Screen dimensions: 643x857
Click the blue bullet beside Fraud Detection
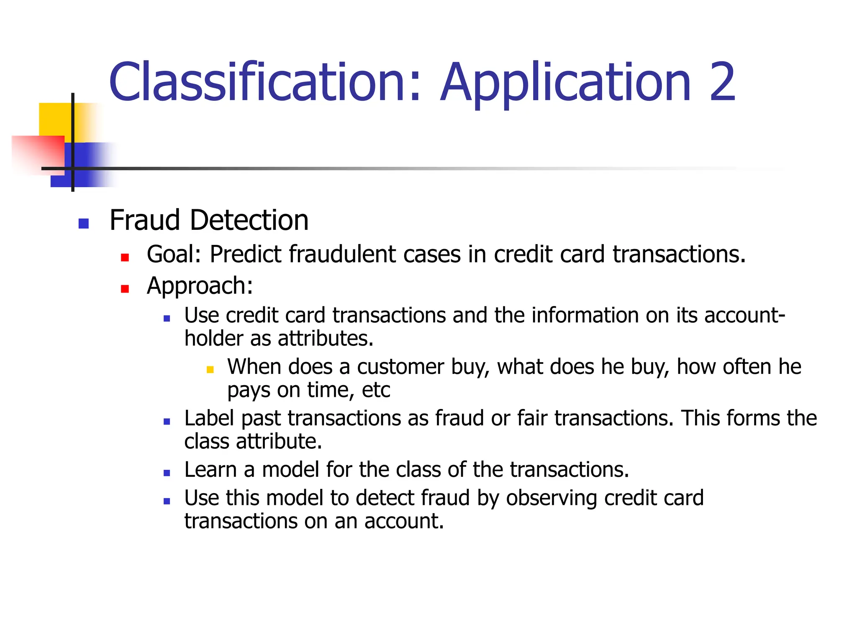click(84, 224)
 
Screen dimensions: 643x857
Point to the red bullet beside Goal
click(125, 257)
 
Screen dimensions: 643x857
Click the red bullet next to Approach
click(125, 289)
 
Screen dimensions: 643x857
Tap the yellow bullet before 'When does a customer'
click(210, 369)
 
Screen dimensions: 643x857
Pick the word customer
click(400, 367)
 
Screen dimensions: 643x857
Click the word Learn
click(210, 470)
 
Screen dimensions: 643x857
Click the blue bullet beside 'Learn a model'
click(167, 473)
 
